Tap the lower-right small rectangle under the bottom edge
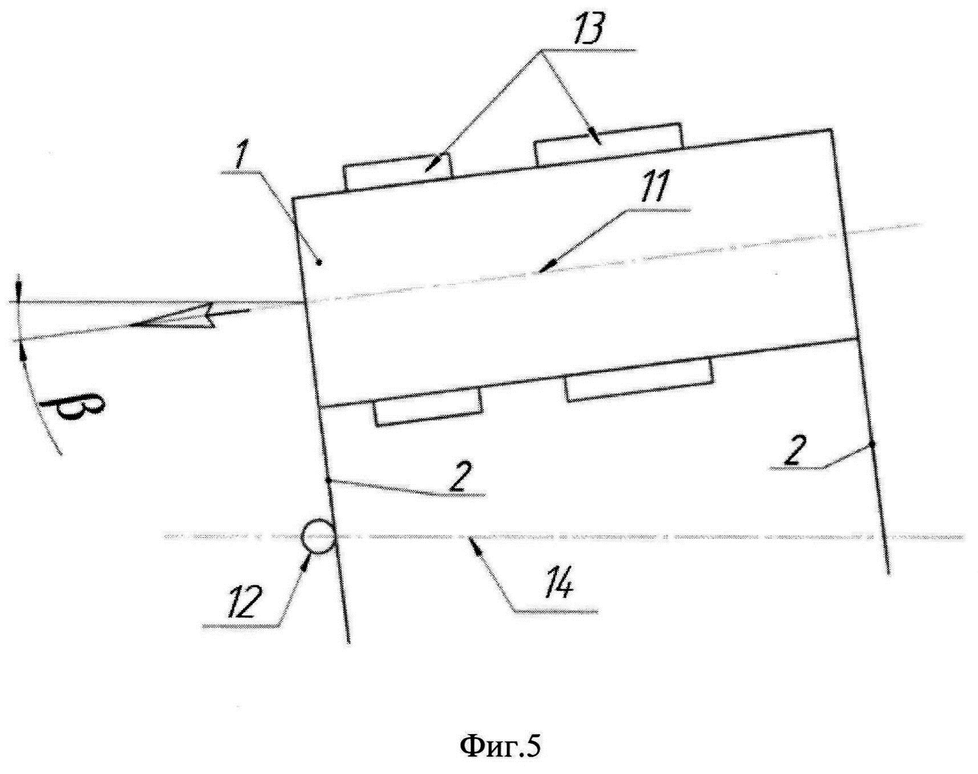point(638,378)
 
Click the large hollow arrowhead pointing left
point(171,320)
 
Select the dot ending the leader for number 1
point(320,263)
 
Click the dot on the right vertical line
point(871,444)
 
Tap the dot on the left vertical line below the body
point(328,481)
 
